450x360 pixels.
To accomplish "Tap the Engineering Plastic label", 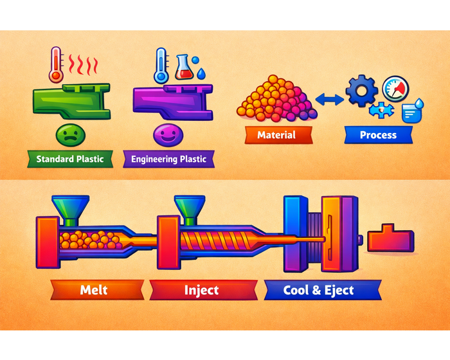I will point(168,159).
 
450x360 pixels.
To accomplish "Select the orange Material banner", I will point(276,135).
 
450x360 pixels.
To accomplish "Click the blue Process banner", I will point(378,135).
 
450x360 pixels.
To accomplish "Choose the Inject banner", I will point(202,290).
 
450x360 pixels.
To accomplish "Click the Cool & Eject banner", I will point(318,290).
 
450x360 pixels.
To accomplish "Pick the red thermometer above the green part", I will point(56,64).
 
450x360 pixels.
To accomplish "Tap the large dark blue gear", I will point(361,91).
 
